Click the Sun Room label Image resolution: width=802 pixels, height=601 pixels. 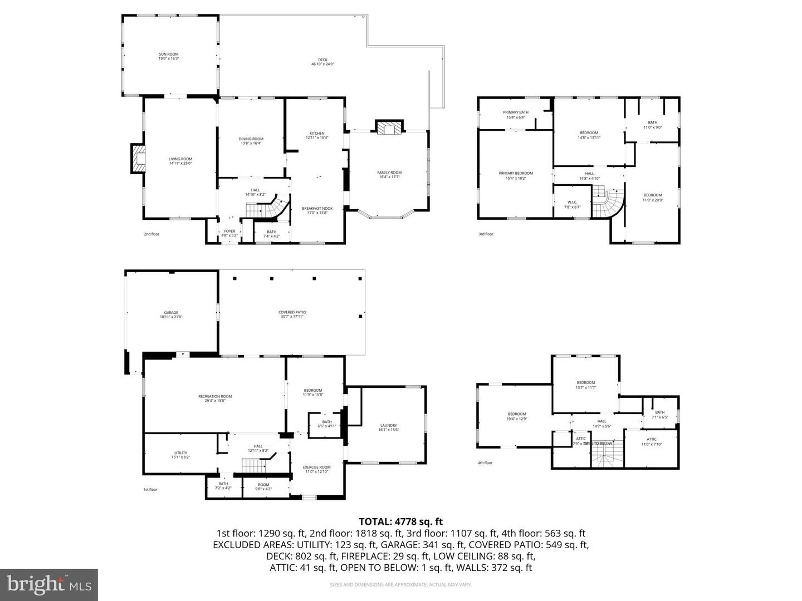point(168,56)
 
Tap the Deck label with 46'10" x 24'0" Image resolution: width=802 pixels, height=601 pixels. point(322,62)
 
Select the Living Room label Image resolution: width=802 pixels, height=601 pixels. point(180,161)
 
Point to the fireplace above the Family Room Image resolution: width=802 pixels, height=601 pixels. point(388,128)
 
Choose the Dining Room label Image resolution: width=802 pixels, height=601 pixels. point(251,141)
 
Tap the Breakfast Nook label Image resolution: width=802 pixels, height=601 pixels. point(317,210)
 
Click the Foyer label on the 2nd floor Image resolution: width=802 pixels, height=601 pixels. point(229,233)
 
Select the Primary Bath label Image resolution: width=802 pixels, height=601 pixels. point(515,115)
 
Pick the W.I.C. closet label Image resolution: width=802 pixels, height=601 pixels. point(572,204)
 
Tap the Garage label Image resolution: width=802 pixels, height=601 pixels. point(171,314)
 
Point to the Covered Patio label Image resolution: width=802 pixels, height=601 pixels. point(292,314)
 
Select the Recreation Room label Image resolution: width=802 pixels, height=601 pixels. point(215,398)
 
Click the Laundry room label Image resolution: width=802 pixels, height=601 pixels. point(388,427)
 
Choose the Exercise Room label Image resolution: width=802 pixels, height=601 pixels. point(316,469)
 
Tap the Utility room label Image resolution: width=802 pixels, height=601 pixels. point(180,455)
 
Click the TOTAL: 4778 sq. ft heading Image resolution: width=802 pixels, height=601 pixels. point(400,521)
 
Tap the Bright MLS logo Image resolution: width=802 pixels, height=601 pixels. point(49,584)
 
